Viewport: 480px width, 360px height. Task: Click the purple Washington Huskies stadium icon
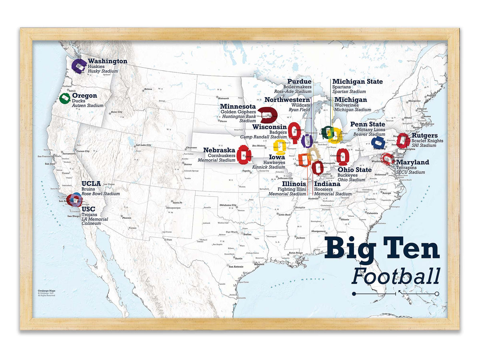79,65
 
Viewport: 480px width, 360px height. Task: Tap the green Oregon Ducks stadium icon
64,99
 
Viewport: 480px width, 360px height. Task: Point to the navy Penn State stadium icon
378,142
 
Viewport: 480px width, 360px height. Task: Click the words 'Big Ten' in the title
382,249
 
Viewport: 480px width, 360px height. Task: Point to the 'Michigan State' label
357,82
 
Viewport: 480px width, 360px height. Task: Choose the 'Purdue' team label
299,82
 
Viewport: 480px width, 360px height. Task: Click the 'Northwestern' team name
287,100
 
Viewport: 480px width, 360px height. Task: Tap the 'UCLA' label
91,184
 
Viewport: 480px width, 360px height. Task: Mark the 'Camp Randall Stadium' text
263,137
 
